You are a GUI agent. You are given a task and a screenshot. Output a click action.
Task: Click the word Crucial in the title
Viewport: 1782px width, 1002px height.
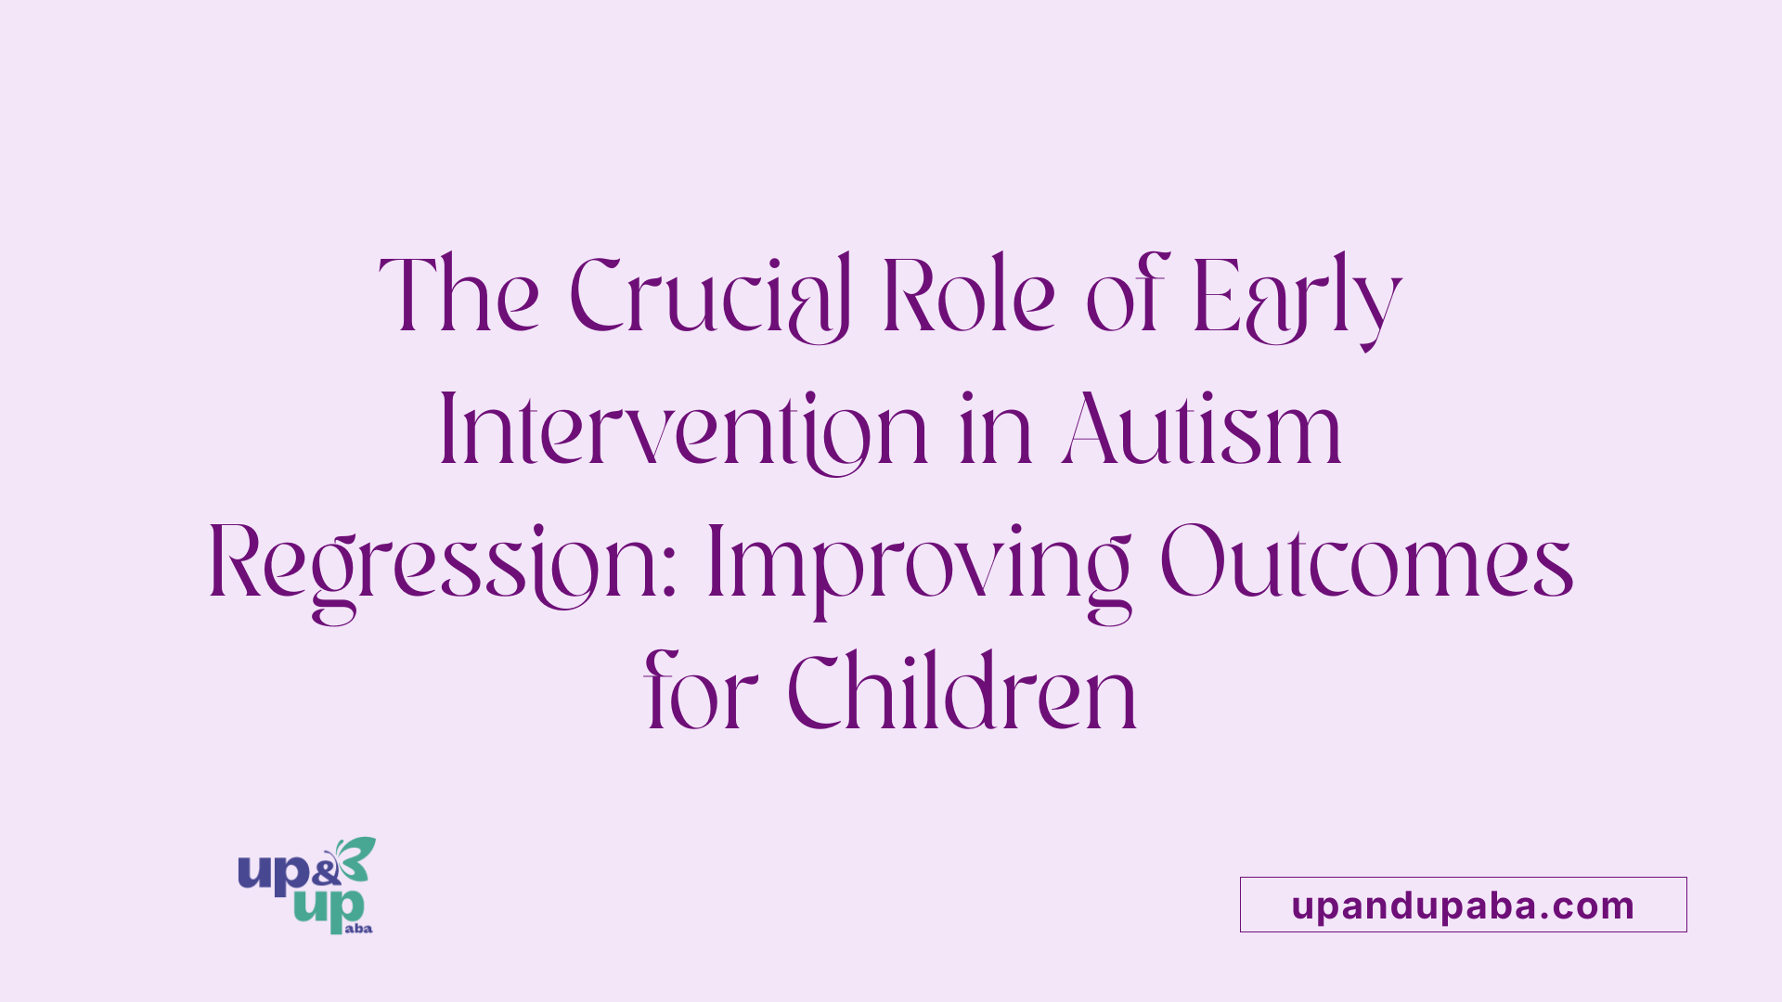click(710, 297)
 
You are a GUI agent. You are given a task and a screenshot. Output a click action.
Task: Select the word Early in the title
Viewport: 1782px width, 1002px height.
click(1297, 302)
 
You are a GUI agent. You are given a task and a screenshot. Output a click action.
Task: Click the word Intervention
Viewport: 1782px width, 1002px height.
click(683, 430)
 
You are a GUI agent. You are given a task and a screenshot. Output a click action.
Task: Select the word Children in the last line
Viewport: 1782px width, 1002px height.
click(962, 691)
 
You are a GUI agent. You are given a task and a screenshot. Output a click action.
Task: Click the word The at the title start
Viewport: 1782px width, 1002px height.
click(458, 294)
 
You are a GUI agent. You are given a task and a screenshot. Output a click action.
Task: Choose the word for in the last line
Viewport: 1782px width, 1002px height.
click(701, 691)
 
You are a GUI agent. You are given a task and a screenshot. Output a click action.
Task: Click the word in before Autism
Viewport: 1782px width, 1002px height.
click(996, 429)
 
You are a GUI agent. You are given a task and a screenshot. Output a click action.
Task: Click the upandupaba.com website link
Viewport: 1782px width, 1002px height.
click(1463, 905)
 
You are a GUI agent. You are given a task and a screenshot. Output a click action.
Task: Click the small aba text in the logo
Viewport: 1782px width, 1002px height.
click(358, 928)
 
